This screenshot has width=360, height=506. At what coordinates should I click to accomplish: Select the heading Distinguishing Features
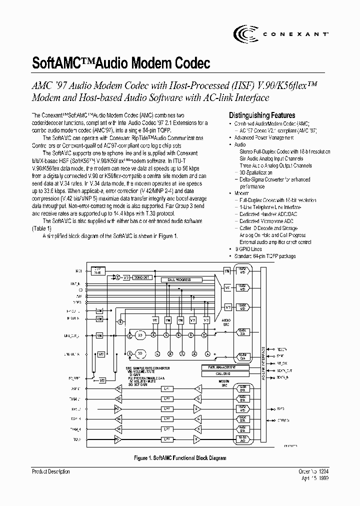coord(261,115)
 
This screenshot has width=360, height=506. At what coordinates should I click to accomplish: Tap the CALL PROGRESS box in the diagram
coord(178,280)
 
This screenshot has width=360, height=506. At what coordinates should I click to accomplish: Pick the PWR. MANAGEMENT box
coord(218,367)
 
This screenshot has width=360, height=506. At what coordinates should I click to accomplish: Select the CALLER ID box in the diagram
coord(218,373)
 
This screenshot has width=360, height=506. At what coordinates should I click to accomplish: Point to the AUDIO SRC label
coord(226,321)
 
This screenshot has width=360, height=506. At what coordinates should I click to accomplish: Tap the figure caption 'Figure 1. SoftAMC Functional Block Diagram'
coord(180,458)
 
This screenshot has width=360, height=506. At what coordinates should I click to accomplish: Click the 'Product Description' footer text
coord(51,471)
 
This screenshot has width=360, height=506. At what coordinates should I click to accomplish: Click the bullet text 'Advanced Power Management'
coord(263,137)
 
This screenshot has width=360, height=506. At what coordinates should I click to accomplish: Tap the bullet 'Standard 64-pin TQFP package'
coord(265,256)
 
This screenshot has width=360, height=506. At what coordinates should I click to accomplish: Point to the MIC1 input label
coord(78,271)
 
